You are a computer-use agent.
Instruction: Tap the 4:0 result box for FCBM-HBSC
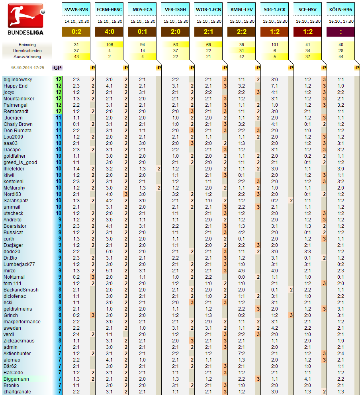pos(110,32)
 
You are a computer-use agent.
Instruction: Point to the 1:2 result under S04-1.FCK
pos(274,32)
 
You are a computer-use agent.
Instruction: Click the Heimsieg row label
pos(27,45)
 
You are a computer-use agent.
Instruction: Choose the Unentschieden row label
pos(27,51)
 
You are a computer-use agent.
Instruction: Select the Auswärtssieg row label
pos(27,57)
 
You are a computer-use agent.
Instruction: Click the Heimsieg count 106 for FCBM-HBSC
pos(110,45)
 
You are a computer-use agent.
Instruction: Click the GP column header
pos(57,68)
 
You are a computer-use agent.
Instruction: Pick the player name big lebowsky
pos(18,80)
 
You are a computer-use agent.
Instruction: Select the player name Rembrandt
pos(16,111)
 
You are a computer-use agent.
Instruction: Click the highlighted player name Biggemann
pos(16,379)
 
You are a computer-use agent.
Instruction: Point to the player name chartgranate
pos(17,392)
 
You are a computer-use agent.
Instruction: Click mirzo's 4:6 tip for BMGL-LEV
pos(241,271)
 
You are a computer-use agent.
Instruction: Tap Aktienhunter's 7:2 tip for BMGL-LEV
pos(241,354)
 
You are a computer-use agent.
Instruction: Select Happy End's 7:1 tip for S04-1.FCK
pos(274,86)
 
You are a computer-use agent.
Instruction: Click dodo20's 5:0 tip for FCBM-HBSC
pos(110,252)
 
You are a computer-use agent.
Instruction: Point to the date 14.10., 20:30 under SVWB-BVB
pos(76,21)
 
